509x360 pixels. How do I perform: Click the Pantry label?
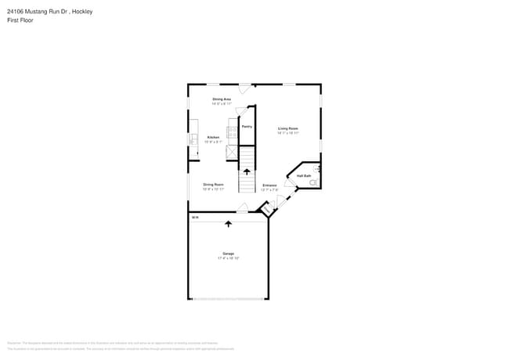coord(246,126)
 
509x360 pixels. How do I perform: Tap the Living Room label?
coord(287,128)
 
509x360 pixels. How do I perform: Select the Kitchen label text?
coord(213,137)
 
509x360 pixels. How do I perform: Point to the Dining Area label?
coord(222,99)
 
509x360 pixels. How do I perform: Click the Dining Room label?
coord(214,184)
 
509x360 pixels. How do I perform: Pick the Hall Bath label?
coord(304,175)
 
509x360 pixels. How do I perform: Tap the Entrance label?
coord(269,185)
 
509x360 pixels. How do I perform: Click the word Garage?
coord(229,254)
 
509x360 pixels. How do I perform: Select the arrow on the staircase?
coord(247,171)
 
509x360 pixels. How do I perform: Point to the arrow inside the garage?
coord(229,224)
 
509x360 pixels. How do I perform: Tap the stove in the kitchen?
coord(232,132)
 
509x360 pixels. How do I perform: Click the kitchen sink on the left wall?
coord(193,139)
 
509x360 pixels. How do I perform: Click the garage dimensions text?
coord(229,258)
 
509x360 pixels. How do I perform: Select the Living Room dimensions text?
coord(287,133)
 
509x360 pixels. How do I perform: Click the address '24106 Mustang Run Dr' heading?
coord(39,11)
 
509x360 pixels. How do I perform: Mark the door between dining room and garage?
coord(243,208)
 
